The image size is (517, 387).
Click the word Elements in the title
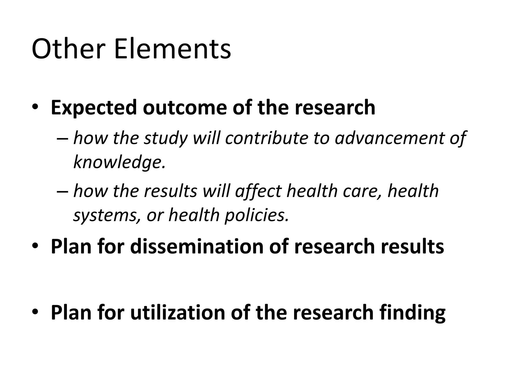pos(172,49)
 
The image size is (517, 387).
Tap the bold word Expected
pos(94,108)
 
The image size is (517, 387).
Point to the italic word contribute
pos(267,138)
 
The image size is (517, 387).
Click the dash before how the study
pos(62,139)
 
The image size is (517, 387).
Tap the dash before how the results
pos(62,191)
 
